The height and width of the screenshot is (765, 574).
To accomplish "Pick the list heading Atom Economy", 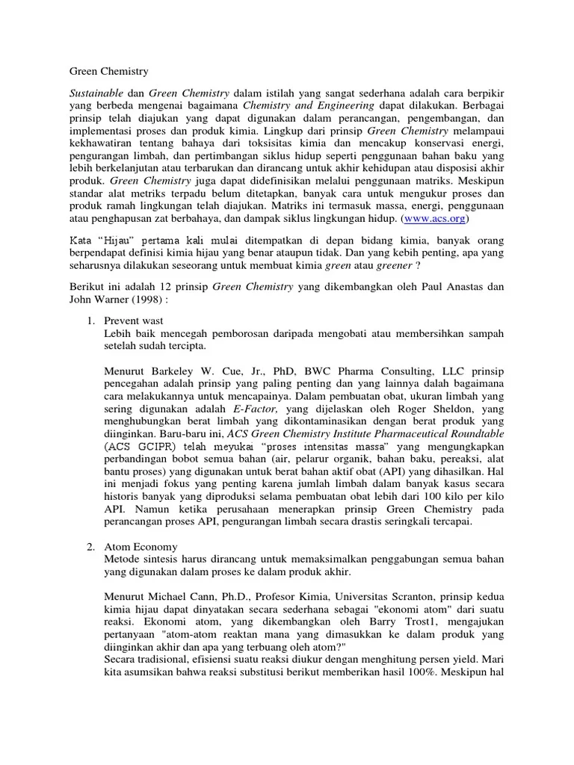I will (140, 548).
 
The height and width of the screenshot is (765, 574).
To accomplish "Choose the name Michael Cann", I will (178, 598).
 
